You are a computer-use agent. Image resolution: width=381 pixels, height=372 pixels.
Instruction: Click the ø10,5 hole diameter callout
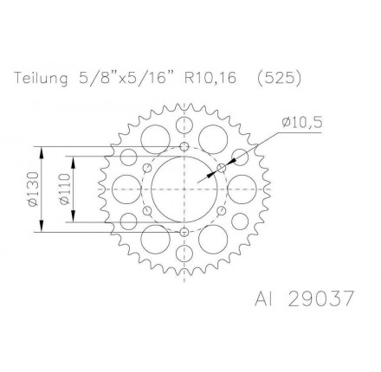[x=302, y=123]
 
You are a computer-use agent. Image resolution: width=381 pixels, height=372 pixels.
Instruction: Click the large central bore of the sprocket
[x=184, y=188]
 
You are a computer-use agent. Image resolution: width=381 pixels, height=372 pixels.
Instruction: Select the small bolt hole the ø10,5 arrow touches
[x=222, y=166]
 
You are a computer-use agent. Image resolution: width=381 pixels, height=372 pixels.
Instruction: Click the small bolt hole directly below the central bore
[x=184, y=232]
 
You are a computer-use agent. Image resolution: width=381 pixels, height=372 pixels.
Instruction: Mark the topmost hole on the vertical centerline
[x=184, y=124]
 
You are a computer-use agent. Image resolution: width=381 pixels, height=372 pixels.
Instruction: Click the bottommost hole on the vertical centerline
[x=184, y=253]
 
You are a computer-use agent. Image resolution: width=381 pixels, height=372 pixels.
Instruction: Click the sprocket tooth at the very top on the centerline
[x=184, y=106]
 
